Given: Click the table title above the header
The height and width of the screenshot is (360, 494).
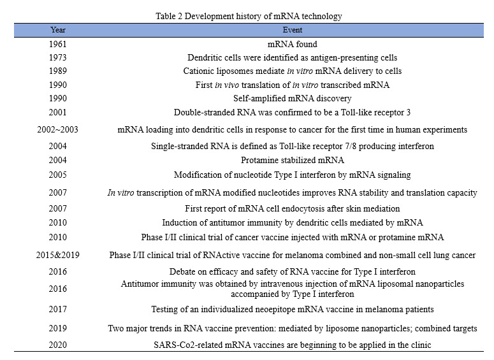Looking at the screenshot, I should point(247,17).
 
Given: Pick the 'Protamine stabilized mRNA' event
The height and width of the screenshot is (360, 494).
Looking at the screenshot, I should point(292,161).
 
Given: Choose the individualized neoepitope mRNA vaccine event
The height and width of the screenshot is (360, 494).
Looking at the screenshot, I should point(292,310).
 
